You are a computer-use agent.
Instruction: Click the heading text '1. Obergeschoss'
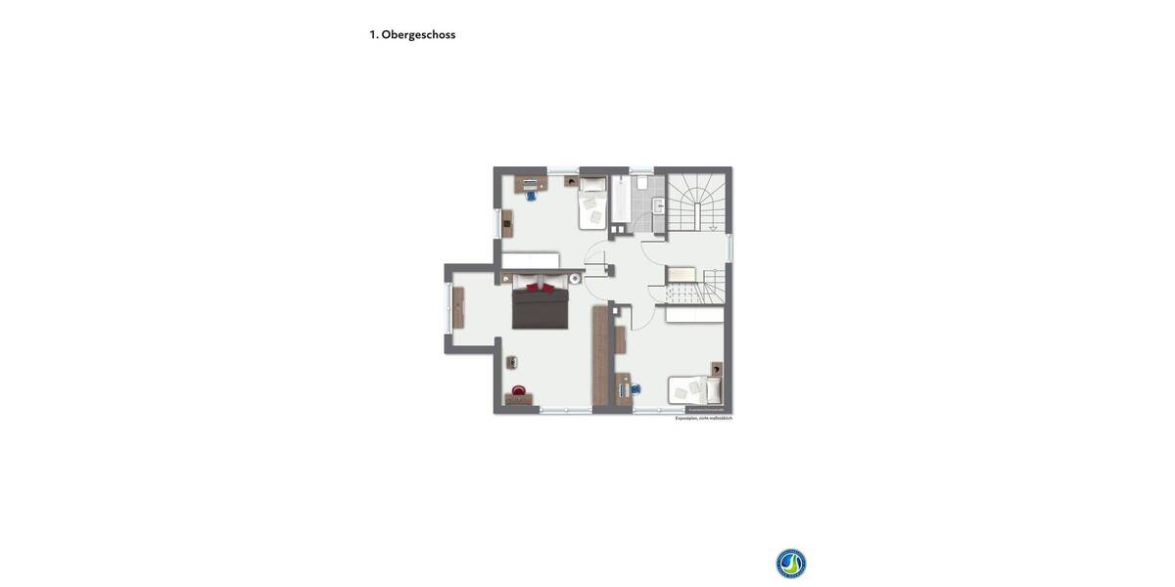[412, 35]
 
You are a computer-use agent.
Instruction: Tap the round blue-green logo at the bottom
[791, 564]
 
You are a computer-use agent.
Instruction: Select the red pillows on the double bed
[540, 288]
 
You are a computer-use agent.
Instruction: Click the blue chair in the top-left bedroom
[532, 195]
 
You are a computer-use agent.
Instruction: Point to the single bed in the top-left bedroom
[592, 203]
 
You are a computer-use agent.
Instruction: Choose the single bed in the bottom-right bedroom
[695, 390]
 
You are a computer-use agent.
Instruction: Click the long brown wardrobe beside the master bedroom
[600, 356]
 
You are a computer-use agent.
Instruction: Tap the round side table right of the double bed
[575, 278]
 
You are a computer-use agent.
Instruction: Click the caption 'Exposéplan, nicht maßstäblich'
[703, 419]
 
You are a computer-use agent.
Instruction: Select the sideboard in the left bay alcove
[457, 307]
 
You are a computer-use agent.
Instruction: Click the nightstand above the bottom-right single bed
[716, 369]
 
